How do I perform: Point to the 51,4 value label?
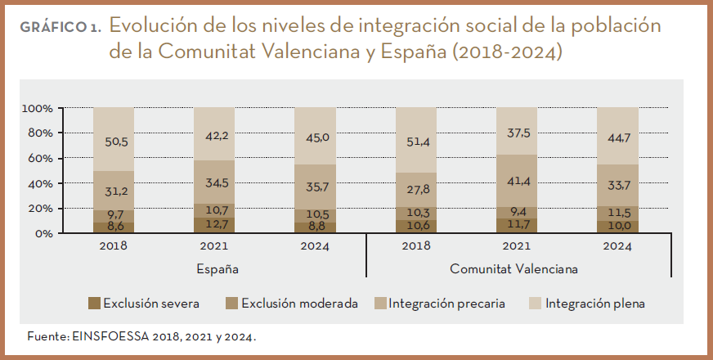point(416,142)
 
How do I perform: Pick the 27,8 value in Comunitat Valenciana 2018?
point(416,189)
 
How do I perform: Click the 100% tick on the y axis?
point(38,108)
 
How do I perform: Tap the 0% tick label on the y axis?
point(44,233)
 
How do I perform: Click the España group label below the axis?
point(217,268)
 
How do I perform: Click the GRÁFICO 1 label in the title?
point(61,27)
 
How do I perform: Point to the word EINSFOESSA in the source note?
point(112,336)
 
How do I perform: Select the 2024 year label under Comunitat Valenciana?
point(617,245)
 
